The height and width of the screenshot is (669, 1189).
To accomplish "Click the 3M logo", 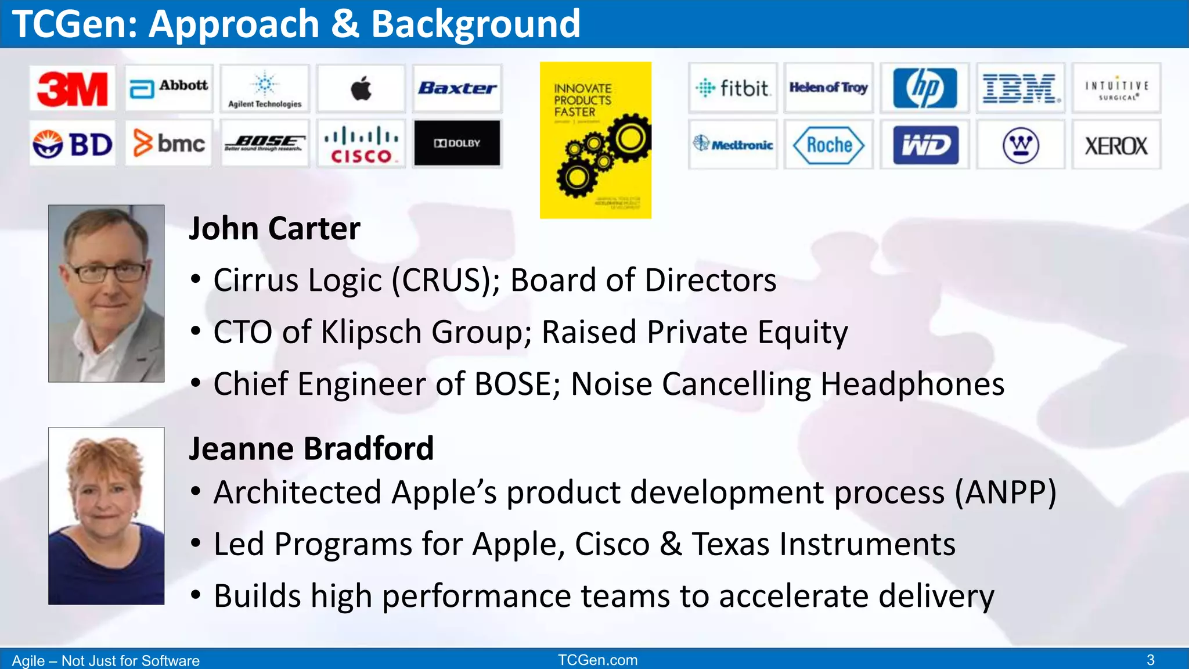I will pyautogui.click(x=73, y=89).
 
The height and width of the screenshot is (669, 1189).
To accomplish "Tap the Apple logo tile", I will pyautogui.click(x=361, y=89).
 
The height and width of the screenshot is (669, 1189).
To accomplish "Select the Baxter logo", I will pyautogui.click(x=457, y=88).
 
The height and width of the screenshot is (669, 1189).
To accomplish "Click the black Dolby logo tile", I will pyautogui.click(x=457, y=143).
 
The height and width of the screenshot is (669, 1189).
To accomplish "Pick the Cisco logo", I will pyautogui.click(x=361, y=145).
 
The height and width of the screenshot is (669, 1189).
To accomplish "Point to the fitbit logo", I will pyautogui.click(x=733, y=88).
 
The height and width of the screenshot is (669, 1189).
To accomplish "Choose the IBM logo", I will pyautogui.click(x=1020, y=89).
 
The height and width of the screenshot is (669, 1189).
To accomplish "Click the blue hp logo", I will pyautogui.click(x=924, y=88).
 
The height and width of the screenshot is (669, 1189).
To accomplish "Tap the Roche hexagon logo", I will pyautogui.click(x=828, y=145).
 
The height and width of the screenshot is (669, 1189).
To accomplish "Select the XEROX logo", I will pyautogui.click(x=1116, y=146).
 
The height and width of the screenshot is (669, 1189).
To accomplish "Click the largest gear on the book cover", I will pyautogui.click(x=629, y=138).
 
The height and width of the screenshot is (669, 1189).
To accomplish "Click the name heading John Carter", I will pyautogui.click(x=275, y=228).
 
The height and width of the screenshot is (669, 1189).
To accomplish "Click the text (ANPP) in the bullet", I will pyautogui.click(x=1006, y=492).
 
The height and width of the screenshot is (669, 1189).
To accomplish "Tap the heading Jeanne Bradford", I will pyautogui.click(x=311, y=448).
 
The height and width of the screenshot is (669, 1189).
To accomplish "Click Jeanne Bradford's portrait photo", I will pyautogui.click(x=106, y=516).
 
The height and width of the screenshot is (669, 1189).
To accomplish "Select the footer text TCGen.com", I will pyautogui.click(x=597, y=660).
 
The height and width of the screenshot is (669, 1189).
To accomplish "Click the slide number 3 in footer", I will pyautogui.click(x=1150, y=660).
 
